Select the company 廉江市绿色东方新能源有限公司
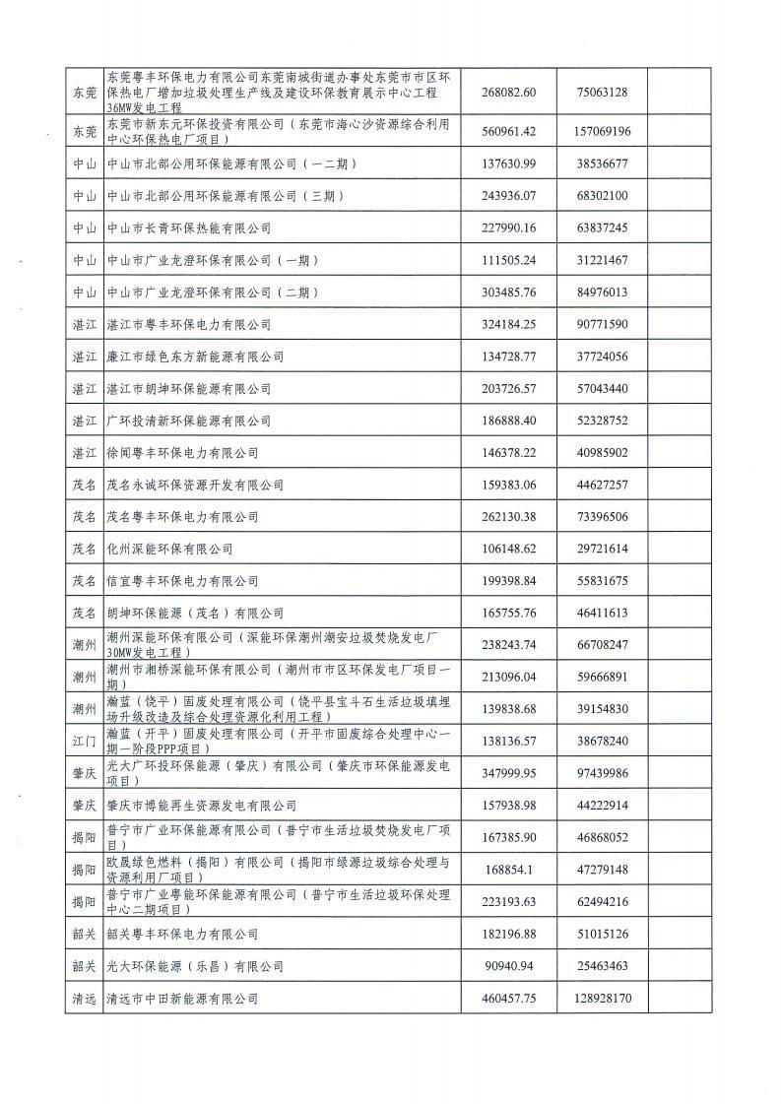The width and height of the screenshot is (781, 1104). pos(195,357)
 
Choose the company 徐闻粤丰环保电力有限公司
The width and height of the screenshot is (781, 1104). pos(182,453)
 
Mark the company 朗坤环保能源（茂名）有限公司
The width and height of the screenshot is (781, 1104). pos(195,613)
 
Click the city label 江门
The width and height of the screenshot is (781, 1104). pos(84,741)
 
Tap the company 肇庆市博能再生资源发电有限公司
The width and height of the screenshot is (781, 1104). pos(202,806)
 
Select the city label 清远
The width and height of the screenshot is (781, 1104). pos(84,998)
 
